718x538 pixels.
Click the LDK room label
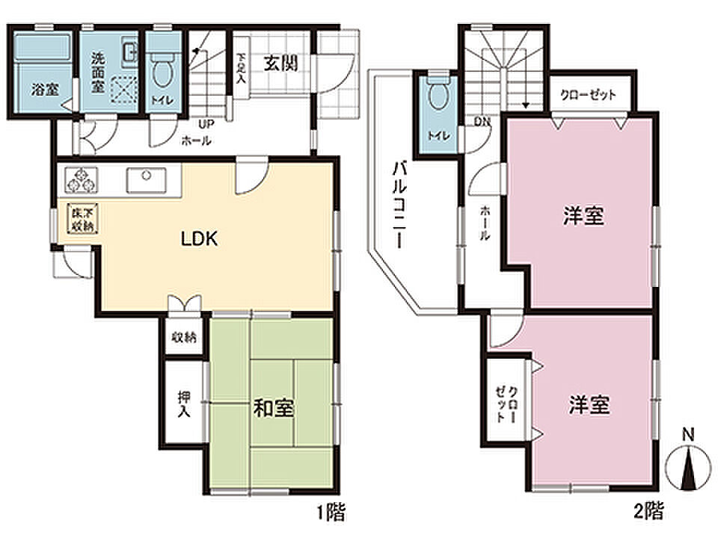(x=199, y=239)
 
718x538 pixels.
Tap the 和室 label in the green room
(x=274, y=408)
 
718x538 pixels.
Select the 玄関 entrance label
(x=280, y=63)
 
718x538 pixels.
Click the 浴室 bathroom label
(x=45, y=89)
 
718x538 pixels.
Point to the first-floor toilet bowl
(x=162, y=70)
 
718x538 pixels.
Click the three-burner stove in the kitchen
(x=82, y=180)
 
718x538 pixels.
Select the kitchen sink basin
(x=146, y=180)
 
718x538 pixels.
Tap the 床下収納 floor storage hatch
(x=82, y=217)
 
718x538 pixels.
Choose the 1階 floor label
(x=331, y=511)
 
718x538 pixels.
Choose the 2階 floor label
(x=648, y=510)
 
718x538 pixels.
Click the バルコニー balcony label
(x=399, y=205)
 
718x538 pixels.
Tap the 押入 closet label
(x=184, y=403)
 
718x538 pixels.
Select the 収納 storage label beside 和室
(x=184, y=337)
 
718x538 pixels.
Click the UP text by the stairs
(x=206, y=123)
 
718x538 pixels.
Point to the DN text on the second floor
(x=482, y=122)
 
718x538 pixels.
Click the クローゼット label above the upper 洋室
(x=588, y=95)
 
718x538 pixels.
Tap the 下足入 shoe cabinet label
(x=240, y=68)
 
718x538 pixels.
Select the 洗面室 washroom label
(x=97, y=72)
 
